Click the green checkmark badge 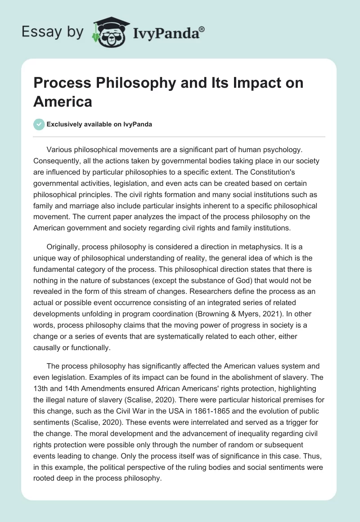[39, 124]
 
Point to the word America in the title [63, 101]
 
